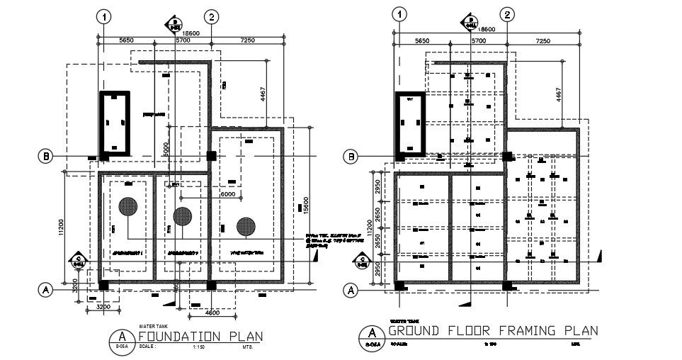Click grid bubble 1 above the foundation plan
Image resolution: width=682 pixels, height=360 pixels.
tap(104, 16)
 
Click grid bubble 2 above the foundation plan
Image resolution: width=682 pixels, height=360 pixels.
tap(210, 16)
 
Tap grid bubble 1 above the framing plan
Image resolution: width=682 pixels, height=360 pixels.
tap(401, 14)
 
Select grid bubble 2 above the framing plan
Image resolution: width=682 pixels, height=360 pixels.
tap(506, 14)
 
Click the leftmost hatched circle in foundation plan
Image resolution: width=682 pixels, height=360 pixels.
tap(128, 206)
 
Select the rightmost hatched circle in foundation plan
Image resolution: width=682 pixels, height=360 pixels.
tap(246, 226)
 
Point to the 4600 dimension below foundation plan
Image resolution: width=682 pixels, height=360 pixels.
tap(212, 312)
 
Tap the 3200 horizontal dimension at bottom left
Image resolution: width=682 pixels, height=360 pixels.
tap(103, 308)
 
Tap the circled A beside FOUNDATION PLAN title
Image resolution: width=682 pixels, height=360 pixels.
tap(123, 336)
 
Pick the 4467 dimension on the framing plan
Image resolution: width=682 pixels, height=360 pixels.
tap(557, 95)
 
